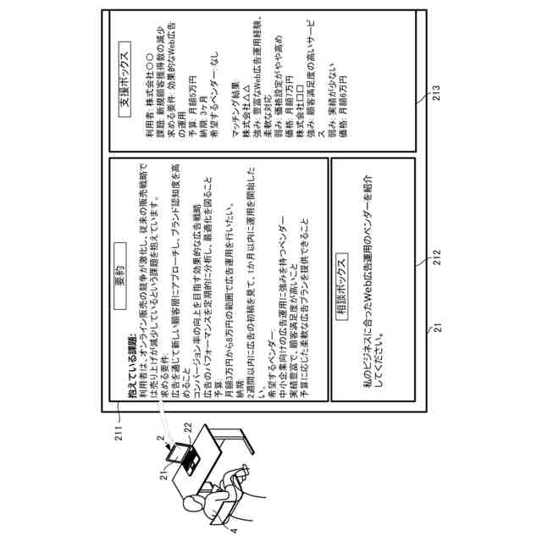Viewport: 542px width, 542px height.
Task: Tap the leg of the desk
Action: coord(246,440)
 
